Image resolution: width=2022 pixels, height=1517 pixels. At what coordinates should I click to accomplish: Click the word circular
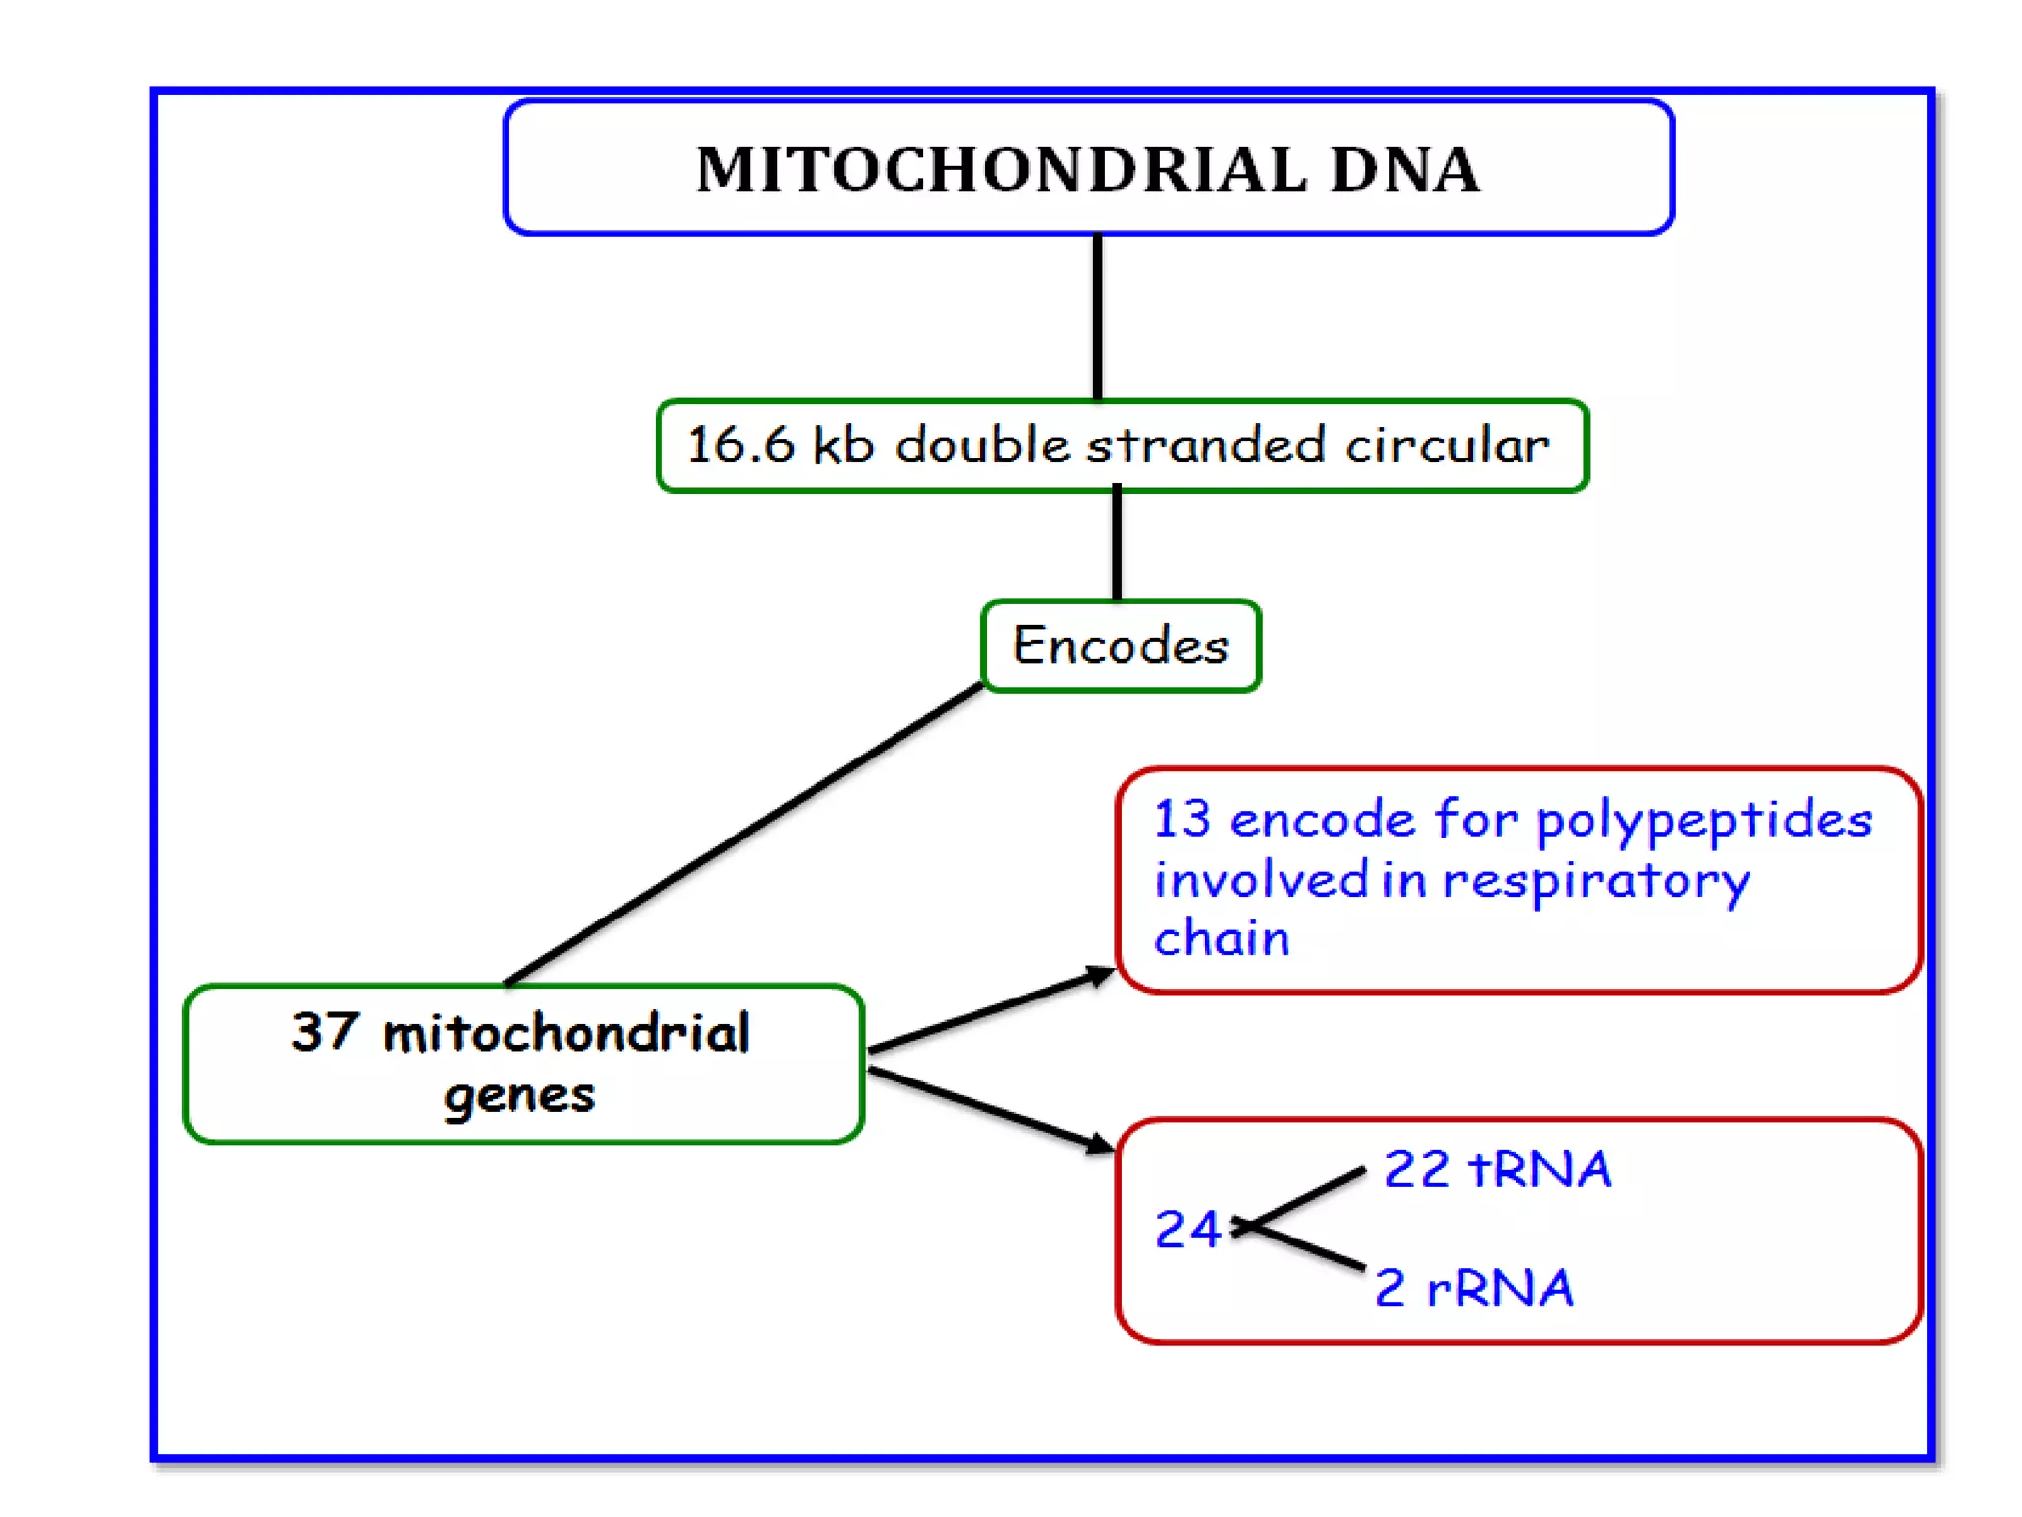1446,444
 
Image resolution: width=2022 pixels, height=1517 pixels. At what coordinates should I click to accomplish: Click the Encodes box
1121,646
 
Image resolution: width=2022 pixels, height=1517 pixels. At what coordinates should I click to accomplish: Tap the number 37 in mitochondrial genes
324,1031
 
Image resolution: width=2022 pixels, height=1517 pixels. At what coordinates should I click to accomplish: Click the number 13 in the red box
1182,819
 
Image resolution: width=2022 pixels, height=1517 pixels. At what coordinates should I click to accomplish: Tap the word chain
1221,938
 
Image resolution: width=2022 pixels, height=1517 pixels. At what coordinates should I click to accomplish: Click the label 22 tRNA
1497,1169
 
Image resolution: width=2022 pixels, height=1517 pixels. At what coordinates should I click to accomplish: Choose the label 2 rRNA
1473,1288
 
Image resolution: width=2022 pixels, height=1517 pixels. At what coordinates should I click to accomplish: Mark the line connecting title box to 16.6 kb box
1097,316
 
